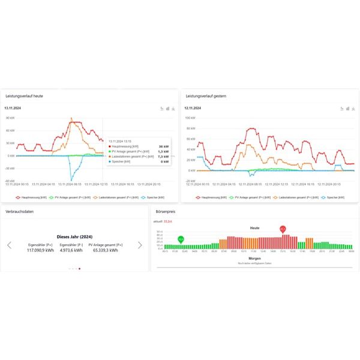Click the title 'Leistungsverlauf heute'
click(24, 96)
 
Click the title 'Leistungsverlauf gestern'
click(206, 96)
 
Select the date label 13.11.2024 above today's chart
click(13, 108)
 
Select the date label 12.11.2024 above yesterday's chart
click(193, 108)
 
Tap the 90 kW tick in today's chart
click(10, 118)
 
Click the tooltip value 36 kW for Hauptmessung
click(163, 146)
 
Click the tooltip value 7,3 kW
click(163, 156)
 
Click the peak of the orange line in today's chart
click(71, 118)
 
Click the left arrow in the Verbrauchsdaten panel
click(9, 245)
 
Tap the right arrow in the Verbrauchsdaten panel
click(140, 245)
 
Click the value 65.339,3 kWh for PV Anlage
click(106, 250)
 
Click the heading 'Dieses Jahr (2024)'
click(74, 236)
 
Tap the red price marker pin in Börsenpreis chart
click(283, 229)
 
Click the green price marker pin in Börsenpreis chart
click(181, 239)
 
